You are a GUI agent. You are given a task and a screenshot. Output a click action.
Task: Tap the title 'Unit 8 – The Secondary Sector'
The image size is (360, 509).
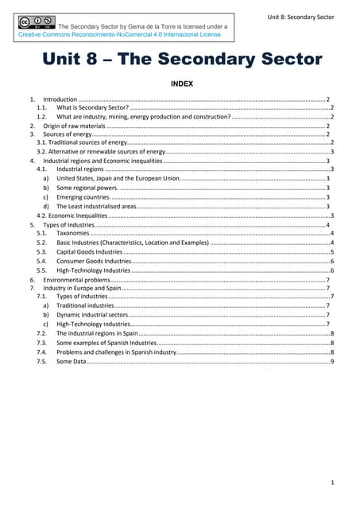(x=182, y=60)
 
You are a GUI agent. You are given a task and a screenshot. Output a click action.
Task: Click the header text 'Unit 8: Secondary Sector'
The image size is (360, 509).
(x=301, y=17)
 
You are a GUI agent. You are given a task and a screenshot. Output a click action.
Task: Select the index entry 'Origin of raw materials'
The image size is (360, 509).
(x=74, y=126)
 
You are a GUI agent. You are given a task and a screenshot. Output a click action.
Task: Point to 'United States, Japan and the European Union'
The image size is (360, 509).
(x=118, y=178)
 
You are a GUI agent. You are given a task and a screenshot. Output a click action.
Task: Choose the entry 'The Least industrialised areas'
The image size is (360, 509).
(x=96, y=206)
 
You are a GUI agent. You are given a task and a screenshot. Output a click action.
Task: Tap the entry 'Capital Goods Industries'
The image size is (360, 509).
(x=89, y=251)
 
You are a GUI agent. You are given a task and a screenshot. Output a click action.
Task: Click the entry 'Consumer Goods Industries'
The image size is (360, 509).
(x=93, y=261)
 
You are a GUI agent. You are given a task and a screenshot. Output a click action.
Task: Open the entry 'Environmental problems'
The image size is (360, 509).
(x=74, y=280)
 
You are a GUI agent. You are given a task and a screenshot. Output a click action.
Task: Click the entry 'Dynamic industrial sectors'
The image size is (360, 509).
(x=92, y=315)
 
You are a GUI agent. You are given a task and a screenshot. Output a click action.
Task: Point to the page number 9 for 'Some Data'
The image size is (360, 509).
(x=332, y=361)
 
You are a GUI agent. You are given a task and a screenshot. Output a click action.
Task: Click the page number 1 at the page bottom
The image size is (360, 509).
(x=331, y=482)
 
